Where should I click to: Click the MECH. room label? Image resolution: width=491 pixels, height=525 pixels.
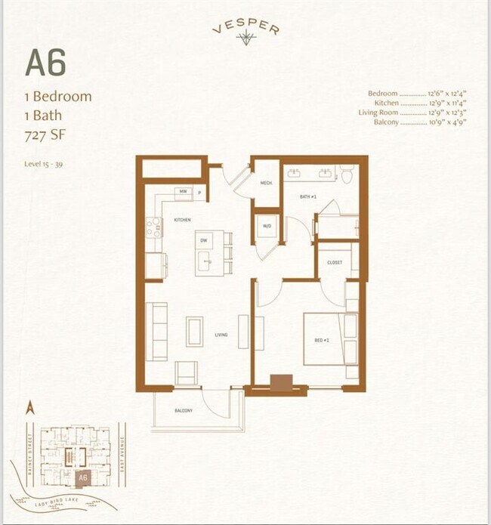pyautogui.click(x=266, y=182)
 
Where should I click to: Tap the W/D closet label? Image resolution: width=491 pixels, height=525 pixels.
pyautogui.click(x=267, y=225)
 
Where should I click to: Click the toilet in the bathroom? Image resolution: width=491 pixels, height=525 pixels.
pyautogui.click(x=347, y=175)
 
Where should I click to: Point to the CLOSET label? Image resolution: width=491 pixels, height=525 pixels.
pyautogui.click(x=335, y=263)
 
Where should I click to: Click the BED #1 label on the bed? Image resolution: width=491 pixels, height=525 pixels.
pyautogui.click(x=321, y=341)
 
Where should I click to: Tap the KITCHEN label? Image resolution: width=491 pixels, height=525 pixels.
pyautogui.click(x=182, y=220)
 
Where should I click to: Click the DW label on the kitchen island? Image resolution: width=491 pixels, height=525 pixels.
pyautogui.click(x=203, y=241)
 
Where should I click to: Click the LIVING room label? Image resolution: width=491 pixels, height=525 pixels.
pyautogui.click(x=220, y=335)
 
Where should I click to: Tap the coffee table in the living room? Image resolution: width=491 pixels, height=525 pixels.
pyautogui.click(x=195, y=331)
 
